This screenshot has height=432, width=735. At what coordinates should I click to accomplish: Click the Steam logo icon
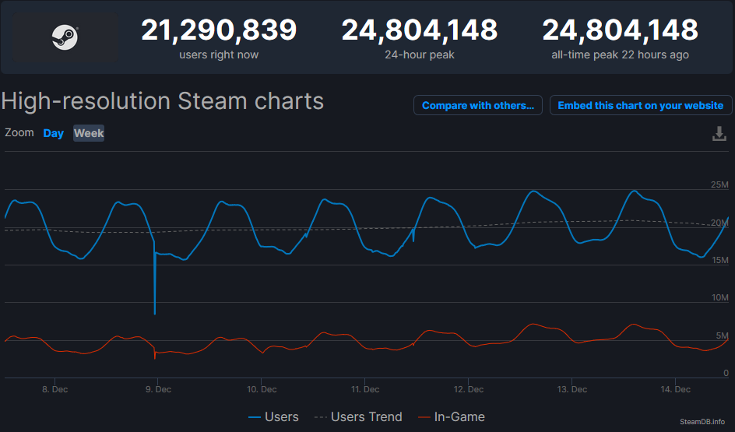[x=65, y=37]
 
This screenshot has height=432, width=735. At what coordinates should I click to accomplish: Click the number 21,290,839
[x=219, y=30]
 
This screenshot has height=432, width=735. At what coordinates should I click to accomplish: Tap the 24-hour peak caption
[x=419, y=54]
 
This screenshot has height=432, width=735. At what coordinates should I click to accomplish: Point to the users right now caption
[x=219, y=54]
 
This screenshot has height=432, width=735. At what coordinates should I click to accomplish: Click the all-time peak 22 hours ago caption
[x=620, y=54]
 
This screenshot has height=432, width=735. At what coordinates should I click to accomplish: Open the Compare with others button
[x=478, y=105]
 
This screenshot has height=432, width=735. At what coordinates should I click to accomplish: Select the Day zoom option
[x=54, y=133]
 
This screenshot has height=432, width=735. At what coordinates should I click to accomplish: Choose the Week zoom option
[x=89, y=133]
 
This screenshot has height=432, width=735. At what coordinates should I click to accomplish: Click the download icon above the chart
[x=719, y=134]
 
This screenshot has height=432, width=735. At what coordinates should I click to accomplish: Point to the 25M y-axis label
[x=719, y=184]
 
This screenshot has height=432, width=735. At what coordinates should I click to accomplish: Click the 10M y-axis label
[x=719, y=298]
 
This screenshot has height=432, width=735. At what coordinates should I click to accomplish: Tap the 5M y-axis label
[x=721, y=335]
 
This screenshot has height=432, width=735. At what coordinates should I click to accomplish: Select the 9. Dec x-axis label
[x=158, y=389]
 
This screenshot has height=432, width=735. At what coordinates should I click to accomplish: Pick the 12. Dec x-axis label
[x=469, y=389]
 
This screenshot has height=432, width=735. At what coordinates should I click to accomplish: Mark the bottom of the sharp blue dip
[x=155, y=313]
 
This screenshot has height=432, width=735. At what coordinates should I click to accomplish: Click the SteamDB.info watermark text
[x=702, y=421]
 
